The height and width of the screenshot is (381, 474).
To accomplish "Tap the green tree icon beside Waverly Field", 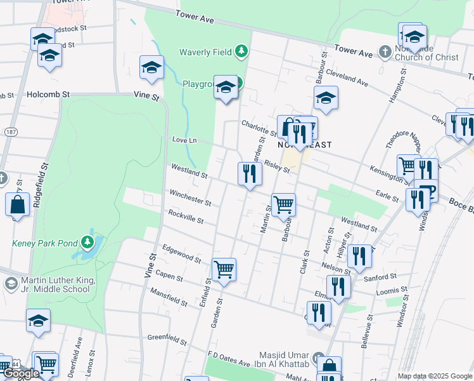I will (x=241, y=51).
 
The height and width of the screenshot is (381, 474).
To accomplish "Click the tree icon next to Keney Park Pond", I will (x=87, y=242).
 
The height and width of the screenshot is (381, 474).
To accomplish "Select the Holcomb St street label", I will (x=48, y=94).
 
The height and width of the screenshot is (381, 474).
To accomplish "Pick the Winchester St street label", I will (x=189, y=197).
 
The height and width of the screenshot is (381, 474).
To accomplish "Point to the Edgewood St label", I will (x=181, y=255).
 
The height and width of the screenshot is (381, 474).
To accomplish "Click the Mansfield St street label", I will (x=169, y=297).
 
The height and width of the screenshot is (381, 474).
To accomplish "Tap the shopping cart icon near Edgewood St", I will (x=224, y=270).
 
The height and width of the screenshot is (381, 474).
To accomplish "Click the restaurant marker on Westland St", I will (x=250, y=173).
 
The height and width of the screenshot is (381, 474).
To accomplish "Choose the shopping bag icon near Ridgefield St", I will (x=17, y=204).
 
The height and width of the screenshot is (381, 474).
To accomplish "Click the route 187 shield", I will (x=10, y=132).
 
